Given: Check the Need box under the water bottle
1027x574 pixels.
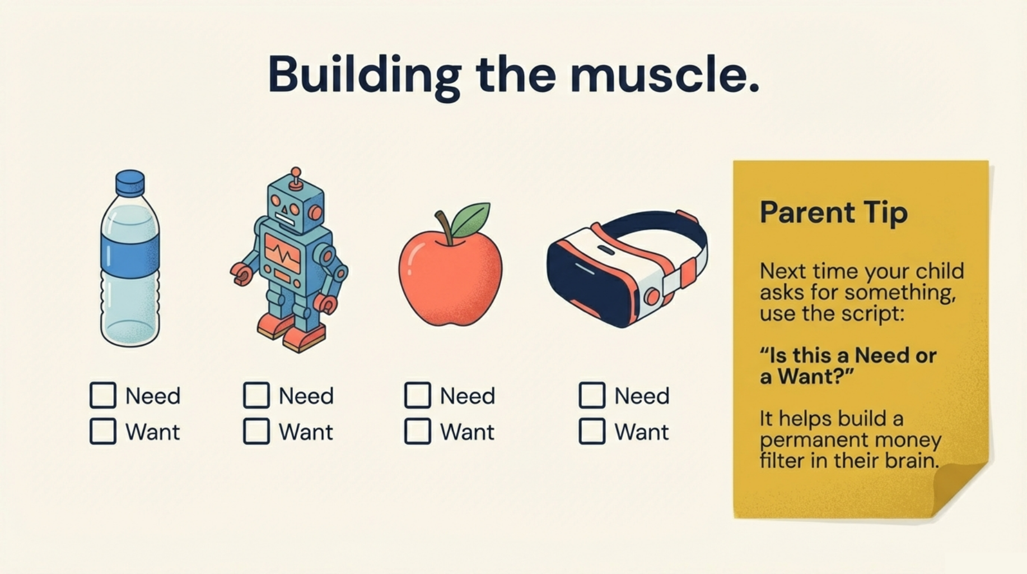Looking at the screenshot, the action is (x=103, y=395).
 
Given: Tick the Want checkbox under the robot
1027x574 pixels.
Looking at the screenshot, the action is (x=256, y=431).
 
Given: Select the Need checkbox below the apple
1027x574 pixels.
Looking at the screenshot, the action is (x=418, y=395).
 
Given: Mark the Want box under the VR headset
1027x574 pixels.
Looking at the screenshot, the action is (x=592, y=431).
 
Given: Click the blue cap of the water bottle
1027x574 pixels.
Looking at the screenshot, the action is (x=130, y=183).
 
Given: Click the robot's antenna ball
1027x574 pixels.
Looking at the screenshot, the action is (x=296, y=172).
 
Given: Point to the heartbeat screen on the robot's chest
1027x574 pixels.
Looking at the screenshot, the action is (x=283, y=255).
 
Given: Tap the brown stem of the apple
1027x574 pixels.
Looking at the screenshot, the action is (x=444, y=226).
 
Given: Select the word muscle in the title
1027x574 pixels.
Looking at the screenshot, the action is (x=664, y=75).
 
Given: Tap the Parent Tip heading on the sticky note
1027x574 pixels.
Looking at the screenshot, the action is (x=833, y=213).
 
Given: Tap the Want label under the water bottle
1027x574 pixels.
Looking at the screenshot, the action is (x=152, y=432).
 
